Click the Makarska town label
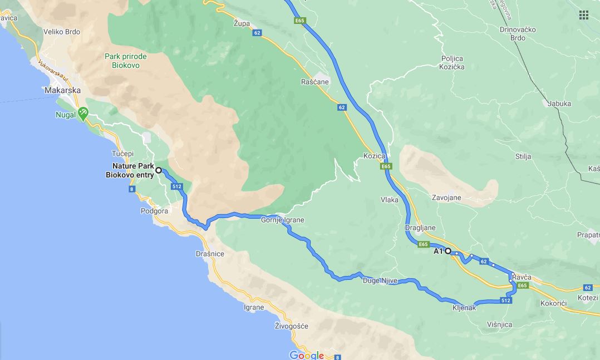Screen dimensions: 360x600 click(63, 90)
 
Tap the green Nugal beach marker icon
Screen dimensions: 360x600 click(83, 112)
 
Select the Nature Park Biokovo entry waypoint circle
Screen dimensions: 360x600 click(159, 170)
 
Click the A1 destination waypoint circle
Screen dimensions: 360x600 click(447, 251)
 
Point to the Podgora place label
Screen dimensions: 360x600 click(155, 211)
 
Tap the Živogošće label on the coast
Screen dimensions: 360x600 click(292, 326)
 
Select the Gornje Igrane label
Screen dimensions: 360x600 click(283, 220)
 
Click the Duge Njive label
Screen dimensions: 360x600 click(380, 281)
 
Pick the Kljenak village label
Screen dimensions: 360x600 click(464, 307)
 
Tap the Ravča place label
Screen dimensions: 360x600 click(522, 277)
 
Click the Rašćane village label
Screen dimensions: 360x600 click(315, 82)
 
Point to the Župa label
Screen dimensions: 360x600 click(242, 23)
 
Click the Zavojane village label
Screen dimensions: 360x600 click(447, 198)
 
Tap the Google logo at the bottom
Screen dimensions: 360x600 click(306, 355)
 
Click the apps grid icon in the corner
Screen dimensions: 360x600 click(583, 14)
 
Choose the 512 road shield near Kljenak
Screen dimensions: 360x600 click(505, 300)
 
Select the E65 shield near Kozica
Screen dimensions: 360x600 click(387, 166)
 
